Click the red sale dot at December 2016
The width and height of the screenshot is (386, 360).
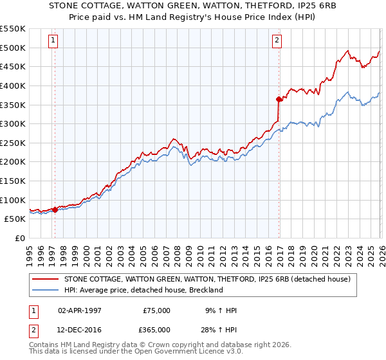coord(279,98)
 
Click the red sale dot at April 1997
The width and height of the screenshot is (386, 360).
coord(55,209)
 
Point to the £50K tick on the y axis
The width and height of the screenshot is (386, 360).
coord(15,219)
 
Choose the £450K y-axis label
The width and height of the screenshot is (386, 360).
coord(13,66)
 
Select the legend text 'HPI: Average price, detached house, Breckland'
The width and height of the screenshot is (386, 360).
coord(143,290)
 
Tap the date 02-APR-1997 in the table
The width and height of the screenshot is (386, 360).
coord(79,310)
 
